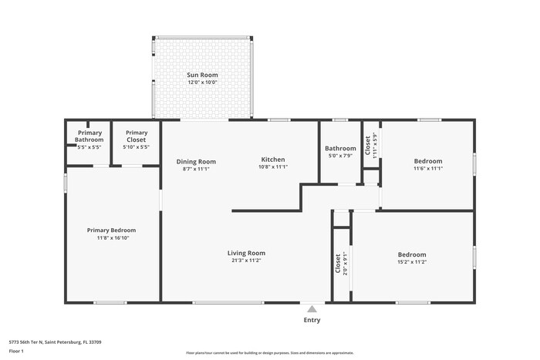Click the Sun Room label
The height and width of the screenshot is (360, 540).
[202, 75]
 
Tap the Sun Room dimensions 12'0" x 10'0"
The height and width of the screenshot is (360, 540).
[202, 82]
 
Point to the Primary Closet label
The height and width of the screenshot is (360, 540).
[136, 133]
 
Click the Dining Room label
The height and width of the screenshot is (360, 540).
[196, 161]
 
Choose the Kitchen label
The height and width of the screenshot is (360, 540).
[273, 160]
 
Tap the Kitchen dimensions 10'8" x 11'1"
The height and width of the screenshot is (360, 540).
[273, 167]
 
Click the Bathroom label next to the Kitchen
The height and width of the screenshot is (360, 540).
[340, 148]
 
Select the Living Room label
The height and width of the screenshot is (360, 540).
[246, 253]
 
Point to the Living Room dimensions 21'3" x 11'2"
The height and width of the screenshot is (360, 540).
[246, 261]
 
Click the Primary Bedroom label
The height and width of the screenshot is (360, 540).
[111, 230]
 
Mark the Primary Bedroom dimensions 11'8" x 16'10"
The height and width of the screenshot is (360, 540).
[111, 237]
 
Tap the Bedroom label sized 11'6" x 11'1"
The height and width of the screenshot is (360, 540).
[428, 161]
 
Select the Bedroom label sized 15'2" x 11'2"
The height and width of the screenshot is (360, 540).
[412, 254]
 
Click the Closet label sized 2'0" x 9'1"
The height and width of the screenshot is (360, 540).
[337, 264]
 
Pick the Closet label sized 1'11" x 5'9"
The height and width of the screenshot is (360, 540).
[368, 144]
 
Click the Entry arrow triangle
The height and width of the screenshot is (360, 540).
[312, 308]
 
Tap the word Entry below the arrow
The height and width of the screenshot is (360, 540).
[312, 320]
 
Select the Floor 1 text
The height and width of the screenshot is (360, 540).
[16, 351]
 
